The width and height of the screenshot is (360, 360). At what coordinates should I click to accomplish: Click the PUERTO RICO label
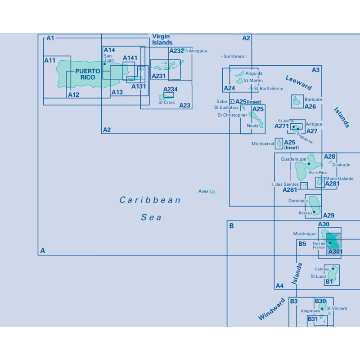[x=88, y=74]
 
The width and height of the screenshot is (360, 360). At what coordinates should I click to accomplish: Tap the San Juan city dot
[x=105, y=64]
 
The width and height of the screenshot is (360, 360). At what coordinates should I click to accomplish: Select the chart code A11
[x=50, y=60]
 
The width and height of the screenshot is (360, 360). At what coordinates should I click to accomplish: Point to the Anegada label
[x=198, y=51]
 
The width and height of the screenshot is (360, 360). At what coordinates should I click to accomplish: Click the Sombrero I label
[x=235, y=56]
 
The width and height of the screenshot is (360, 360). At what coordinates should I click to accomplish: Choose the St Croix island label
[x=166, y=103]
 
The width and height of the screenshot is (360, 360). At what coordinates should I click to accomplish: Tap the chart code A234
[x=171, y=89]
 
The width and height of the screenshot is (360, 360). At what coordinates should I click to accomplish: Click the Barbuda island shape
[x=296, y=100]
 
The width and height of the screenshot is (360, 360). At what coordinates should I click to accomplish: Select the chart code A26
[x=310, y=107]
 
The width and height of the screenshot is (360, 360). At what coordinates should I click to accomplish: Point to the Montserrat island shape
[x=279, y=144]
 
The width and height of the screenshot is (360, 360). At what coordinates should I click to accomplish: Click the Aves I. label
[x=205, y=191]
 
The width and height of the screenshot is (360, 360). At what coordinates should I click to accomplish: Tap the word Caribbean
[x=150, y=200]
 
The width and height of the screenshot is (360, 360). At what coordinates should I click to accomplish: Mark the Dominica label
[x=298, y=201]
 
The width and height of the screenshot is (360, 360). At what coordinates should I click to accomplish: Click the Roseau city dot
[x=314, y=212]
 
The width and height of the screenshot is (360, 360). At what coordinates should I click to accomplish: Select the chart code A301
[x=335, y=252]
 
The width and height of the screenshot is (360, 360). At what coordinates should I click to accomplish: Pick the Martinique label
[x=304, y=234]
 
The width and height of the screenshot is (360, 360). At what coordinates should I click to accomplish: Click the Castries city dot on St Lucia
[x=333, y=269]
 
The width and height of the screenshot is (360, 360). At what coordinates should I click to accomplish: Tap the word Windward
[x=272, y=309]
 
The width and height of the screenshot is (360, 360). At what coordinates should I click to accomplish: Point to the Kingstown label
[x=310, y=311]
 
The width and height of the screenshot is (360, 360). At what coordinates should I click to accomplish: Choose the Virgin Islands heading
[x=162, y=40]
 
